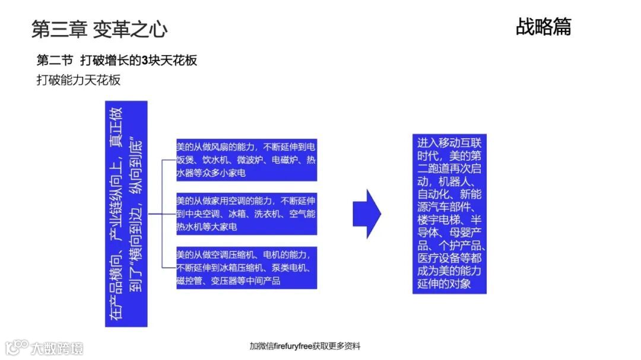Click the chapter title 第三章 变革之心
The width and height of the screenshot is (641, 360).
[99, 29]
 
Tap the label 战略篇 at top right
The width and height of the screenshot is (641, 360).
[543, 27]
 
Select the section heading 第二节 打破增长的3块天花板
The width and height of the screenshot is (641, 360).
[117, 60]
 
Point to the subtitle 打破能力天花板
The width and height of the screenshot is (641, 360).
[78, 80]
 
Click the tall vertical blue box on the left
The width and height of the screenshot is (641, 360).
[126, 214]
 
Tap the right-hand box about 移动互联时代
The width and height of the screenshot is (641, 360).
[449, 214]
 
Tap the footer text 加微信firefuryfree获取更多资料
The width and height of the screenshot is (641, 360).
[304, 346]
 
